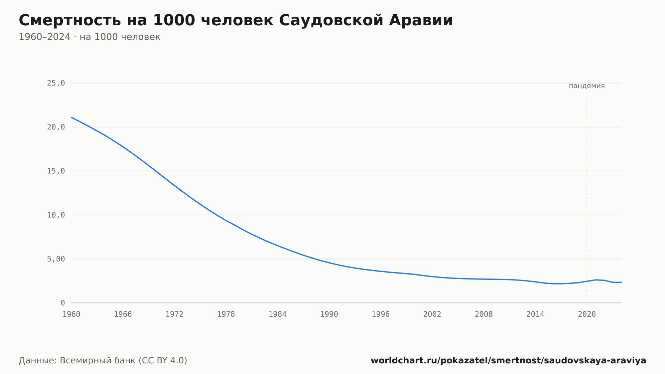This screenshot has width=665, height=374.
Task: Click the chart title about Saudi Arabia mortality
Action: click(236, 20)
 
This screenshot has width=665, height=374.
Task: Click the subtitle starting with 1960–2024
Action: click(89, 37)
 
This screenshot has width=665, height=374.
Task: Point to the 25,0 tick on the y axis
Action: click(56, 83)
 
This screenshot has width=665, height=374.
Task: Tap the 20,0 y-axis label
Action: click(56, 127)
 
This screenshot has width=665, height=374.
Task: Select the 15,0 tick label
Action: click(56, 171)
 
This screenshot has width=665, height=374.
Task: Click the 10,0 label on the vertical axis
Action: click(56, 215)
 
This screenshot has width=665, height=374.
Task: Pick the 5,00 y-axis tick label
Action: click(56, 259)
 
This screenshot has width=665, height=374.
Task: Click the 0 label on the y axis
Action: click(63, 303)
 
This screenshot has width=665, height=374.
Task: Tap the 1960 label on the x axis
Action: click(71, 314)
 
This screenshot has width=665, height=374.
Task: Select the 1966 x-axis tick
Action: click(123, 314)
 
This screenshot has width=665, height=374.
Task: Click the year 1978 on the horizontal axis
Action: click(226, 314)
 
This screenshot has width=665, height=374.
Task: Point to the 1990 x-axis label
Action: click(329, 314)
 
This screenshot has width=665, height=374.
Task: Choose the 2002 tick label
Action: click(432, 314)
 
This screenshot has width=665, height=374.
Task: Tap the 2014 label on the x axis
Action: click(535, 314)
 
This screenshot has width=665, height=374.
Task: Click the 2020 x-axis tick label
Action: click(587, 314)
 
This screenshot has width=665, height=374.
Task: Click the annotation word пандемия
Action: click(587, 86)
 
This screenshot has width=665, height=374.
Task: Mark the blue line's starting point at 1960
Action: click(71, 117)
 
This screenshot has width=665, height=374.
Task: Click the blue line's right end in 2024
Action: click(621, 282)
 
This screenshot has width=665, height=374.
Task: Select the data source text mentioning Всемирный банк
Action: click(103, 360)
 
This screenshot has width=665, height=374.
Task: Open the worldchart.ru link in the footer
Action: click(508, 360)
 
